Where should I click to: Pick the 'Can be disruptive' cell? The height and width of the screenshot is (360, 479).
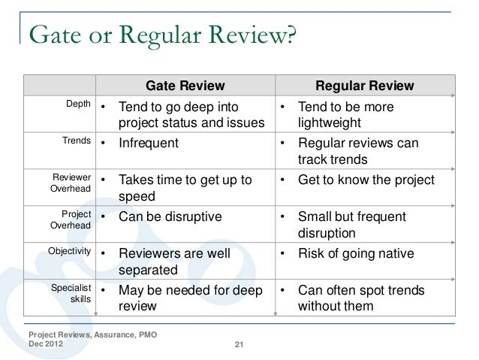(x=170, y=216)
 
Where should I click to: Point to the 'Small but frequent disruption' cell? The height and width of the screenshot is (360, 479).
(x=352, y=224)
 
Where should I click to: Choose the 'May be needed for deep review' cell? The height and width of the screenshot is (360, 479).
(x=185, y=297)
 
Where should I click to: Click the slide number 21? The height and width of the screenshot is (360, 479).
(x=239, y=345)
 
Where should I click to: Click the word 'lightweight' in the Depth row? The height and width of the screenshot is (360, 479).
(x=330, y=123)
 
